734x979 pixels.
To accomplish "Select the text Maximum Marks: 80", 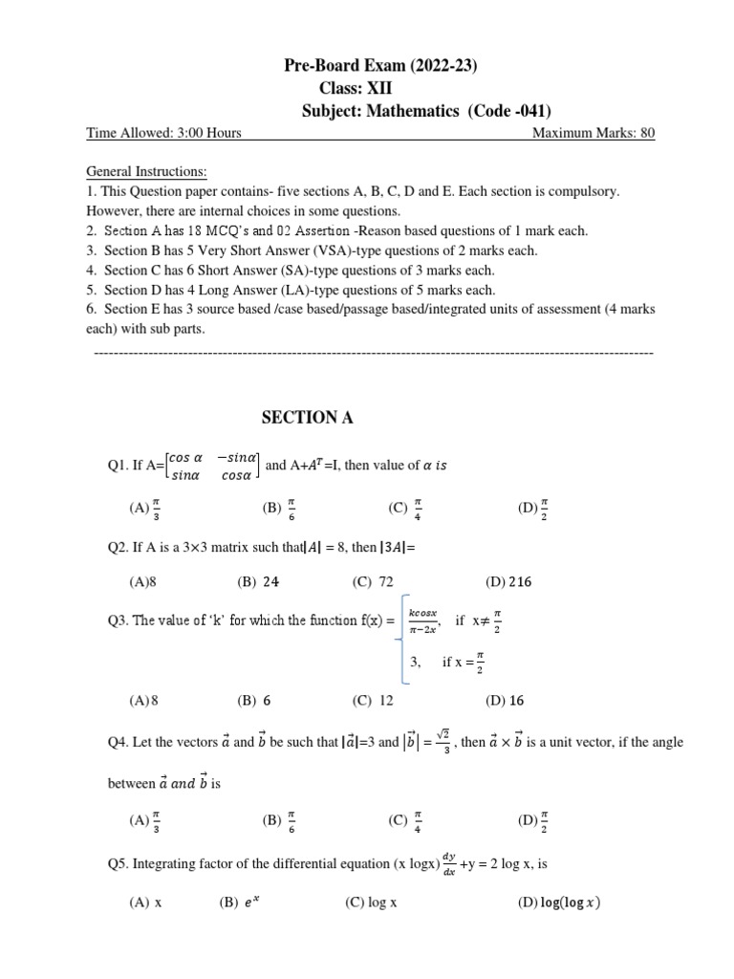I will coord(593,134).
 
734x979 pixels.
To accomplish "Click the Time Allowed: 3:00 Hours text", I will coord(163,134).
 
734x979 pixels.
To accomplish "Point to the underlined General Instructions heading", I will coord(146,172).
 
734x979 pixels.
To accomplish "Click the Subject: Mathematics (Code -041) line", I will coord(426,111).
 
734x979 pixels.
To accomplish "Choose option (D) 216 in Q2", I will coord(505,580).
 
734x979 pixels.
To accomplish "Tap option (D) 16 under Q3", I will coord(505,700).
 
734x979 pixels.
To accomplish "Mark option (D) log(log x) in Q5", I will coord(559,902).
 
